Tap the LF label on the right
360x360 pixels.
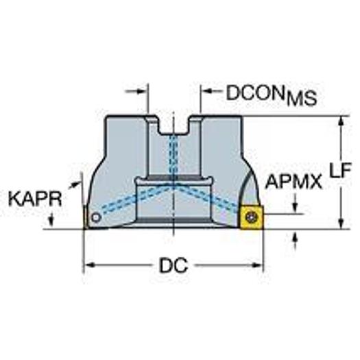click(341, 171)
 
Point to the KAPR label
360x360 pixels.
click(35, 199)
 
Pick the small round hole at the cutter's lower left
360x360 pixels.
click(96, 219)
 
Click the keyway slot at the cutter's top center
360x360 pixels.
click(174, 125)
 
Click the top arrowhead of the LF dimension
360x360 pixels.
click(341, 121)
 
